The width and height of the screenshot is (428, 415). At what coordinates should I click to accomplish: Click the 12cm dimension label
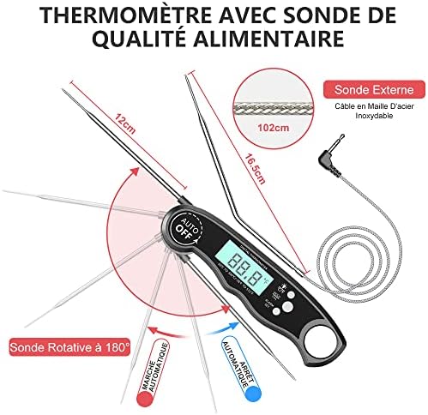[125, 122]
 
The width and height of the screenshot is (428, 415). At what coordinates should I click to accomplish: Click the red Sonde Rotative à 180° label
[69, 348]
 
